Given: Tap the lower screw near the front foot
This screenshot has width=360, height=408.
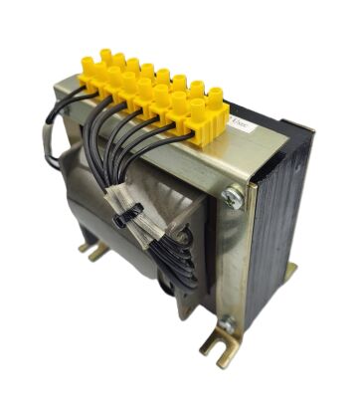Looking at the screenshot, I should pos(227,323).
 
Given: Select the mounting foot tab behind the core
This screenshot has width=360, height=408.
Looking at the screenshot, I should pos(289,271).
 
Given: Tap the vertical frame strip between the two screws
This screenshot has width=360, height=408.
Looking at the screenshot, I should pos(231,259).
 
